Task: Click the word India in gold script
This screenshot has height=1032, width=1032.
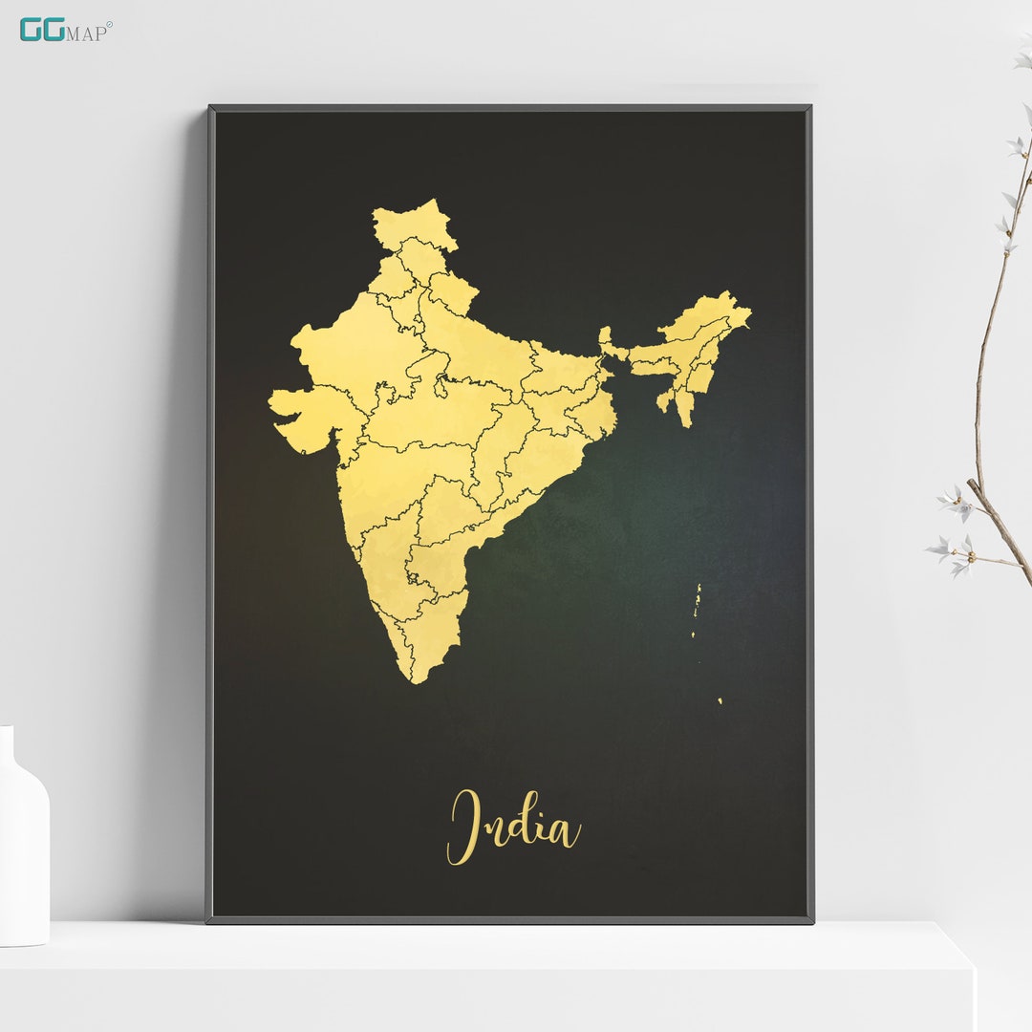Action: click(x=513, y=828)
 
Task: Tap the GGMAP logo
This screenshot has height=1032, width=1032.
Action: click(x=65, y=30)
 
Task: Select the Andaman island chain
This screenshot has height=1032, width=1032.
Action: click(x=698, y=612)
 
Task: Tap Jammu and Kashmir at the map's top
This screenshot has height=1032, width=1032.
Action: click(x=411, y=225)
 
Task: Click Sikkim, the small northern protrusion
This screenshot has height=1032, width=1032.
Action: click(x=605, y=335)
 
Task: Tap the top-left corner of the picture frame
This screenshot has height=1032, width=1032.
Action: click(x=210, y=108)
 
